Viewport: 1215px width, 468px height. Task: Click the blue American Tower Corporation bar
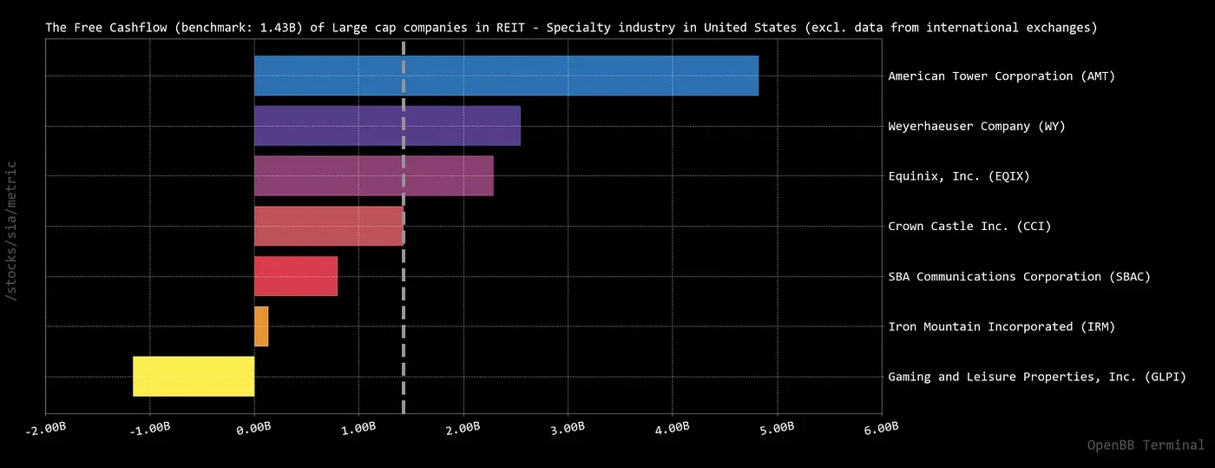coord(506,76)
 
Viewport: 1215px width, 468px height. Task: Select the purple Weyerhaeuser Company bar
coord(387,126)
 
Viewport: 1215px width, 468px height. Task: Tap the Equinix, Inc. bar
coord(374,176)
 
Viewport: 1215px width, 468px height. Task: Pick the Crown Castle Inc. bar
coord(329,226)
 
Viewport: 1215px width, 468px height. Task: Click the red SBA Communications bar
coord(296,276)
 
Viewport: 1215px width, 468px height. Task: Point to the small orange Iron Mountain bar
coord(261,326)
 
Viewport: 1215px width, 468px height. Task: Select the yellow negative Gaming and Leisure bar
coord(194,376)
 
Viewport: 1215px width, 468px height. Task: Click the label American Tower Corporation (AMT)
coord(1002,76)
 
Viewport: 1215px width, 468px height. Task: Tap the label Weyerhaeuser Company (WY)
coord(976,126)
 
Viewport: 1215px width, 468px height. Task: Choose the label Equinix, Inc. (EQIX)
coord(958,176)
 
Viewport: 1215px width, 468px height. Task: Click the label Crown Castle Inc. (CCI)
coord(969,226)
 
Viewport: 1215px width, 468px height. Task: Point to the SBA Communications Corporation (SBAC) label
coord(1019,276)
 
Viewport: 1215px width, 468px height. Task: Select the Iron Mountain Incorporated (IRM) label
coord(1002,326)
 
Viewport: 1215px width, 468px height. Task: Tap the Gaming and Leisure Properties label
coord(1037,376)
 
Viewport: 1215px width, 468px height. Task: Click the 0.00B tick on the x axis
coord(253,428)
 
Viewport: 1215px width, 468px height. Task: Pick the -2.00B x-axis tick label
coord(45,429)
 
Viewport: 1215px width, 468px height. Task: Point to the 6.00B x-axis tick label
coord(881,428)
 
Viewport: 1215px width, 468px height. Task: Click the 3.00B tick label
coord(568,428)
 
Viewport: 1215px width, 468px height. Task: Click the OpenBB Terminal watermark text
coord(1146,445)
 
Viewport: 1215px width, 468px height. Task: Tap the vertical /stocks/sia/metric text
coord(10,231)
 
